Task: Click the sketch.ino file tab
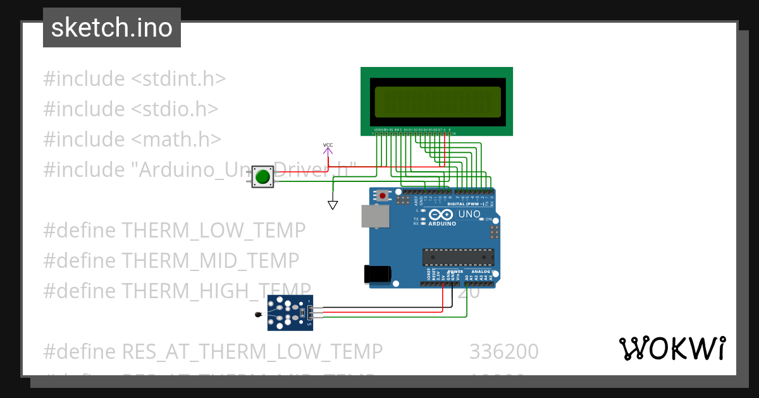pyautogui.click(x=112, y=28)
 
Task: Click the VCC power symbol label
pyautogui.click(x=328, y=145)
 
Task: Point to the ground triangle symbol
pyautogui.click(x=333, y=205)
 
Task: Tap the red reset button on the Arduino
pyautogui.click(x=383, y=196)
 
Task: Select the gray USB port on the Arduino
pyautogui.click(x=376, y=216)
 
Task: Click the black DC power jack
pyautogui.click(x=378, y=274)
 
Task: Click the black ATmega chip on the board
pyautogui.click(x=458, y=257)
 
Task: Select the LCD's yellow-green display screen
pyautogui.click(x=436, y=102)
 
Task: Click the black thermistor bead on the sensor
pyautogui.click(x=257, y=315)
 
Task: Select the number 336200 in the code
pyautogui.click(x=503, y=351)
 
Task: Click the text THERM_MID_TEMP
pyautogui.click(x=209, y=260)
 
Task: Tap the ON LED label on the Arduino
pyautogui.click(x=489, y=219)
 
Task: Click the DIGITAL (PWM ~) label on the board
pyautogui.click(x=466, y=204)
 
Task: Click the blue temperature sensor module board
pyautogui.click(x=290, y=313)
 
